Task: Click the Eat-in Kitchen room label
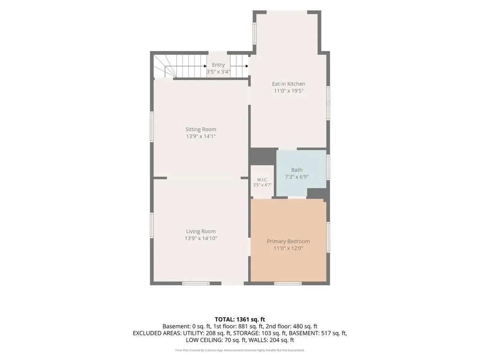point(288,84)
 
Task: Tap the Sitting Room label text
point(201,129)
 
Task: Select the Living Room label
point(201,232)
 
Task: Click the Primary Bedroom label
point(288,241)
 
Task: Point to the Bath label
point(297,170)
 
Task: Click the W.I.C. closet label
point(262,180)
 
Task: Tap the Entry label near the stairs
point(218,65)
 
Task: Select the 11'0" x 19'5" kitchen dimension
point(288,91)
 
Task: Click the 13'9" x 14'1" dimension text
point(201,136)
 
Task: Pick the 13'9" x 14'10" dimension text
point(201,239)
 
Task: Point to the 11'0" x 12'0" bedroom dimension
point(288,248)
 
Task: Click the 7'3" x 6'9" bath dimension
point(297,177)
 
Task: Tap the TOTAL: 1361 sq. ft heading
point(240,320)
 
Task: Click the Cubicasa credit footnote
point(240,350)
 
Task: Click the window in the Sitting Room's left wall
point(151,127)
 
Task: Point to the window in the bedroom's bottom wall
point(288,284)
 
